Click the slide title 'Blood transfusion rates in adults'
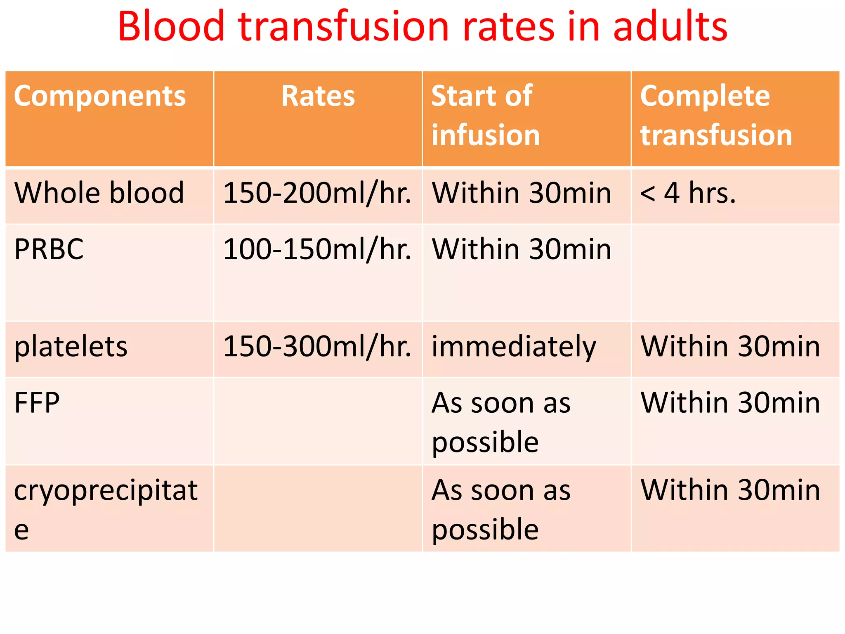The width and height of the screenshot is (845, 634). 422,27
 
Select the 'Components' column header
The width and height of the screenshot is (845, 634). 100,96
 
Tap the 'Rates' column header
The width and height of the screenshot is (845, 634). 318,96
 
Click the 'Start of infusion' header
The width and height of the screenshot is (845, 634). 486,116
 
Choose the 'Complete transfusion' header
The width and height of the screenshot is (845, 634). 716,116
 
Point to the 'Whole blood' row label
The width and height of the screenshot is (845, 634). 99,193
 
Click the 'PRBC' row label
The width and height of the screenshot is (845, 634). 49,250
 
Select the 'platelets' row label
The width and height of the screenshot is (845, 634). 71,347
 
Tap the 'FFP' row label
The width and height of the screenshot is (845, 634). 37,403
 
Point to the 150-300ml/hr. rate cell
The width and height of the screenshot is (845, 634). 317,347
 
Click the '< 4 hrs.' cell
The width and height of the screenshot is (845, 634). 688,194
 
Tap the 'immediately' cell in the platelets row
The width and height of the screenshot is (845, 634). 514,347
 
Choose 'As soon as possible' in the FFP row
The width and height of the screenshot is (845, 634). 501,422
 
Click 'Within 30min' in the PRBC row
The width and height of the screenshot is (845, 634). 522,250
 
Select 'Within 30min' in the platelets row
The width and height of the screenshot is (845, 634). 730,347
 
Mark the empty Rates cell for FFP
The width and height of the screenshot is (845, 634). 318,421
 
